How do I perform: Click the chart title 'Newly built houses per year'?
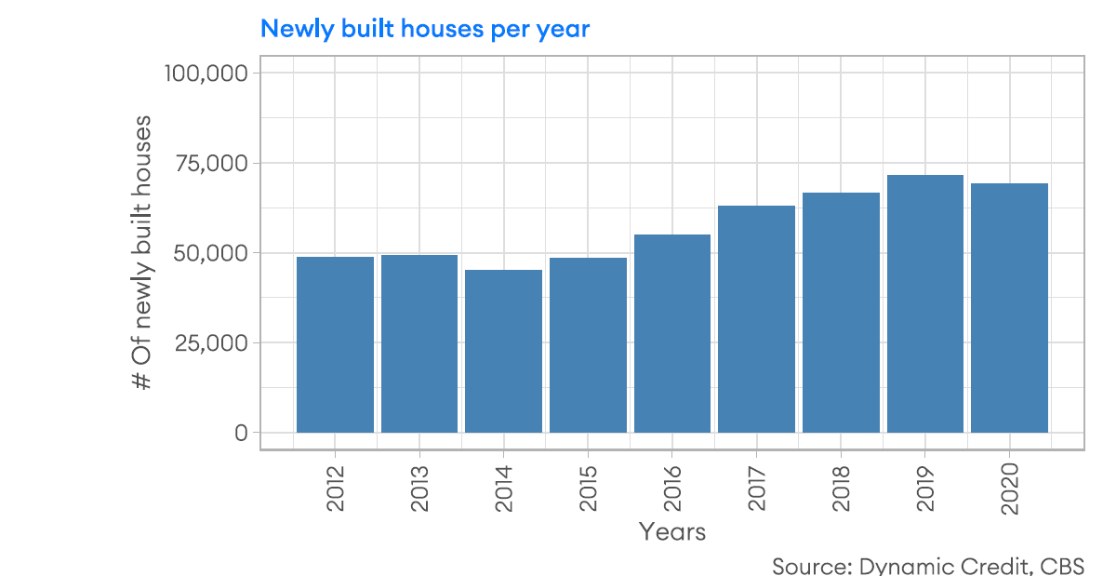425,29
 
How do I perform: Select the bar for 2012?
335,344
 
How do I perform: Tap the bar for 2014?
503,351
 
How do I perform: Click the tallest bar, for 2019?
924,303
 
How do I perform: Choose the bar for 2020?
1009,308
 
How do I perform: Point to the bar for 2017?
756,319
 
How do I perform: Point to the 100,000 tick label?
206,73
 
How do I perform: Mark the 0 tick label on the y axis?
241,433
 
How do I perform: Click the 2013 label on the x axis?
419,487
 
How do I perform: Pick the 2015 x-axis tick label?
588,487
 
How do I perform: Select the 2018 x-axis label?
841,487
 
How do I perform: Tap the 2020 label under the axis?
1009,487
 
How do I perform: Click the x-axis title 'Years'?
671,532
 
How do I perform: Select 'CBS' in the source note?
1062,565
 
